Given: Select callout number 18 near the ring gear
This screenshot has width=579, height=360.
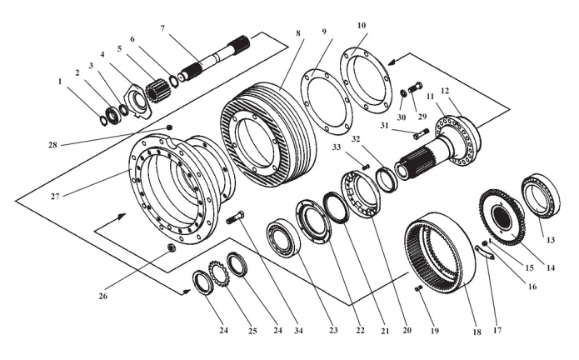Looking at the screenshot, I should point(477,332).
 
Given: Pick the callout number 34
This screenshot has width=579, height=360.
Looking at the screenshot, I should point(298,331).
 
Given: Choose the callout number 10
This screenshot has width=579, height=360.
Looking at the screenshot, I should point(362,27).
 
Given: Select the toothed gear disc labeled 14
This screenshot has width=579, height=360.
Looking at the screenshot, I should point(502,215).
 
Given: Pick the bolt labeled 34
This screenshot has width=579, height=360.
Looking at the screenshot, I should point(232,218).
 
